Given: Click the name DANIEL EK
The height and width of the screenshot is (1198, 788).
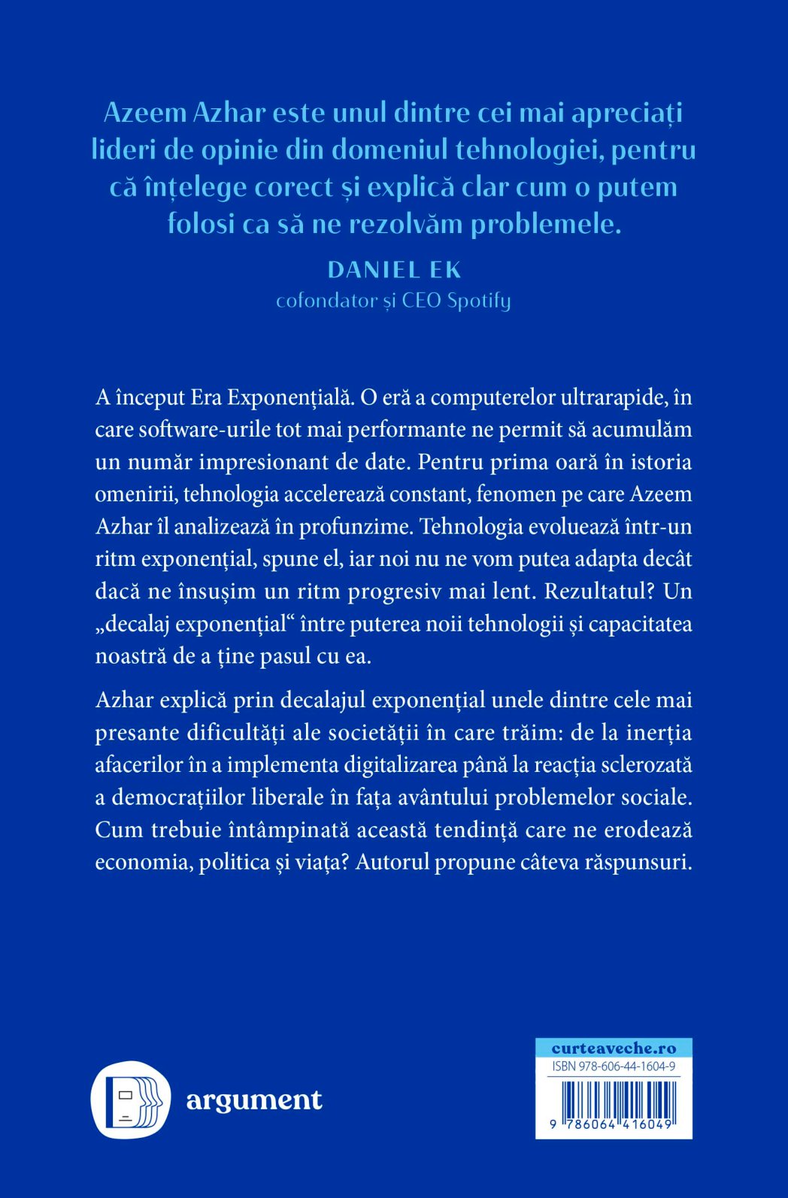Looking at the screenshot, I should (395, 270).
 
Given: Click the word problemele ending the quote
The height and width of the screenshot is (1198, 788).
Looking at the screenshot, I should (545, 224).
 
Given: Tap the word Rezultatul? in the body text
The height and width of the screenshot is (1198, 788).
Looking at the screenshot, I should (599, 591).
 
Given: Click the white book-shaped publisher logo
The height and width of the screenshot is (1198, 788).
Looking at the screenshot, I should (131, 1100).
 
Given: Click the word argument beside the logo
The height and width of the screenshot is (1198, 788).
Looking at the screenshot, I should (254, 1100).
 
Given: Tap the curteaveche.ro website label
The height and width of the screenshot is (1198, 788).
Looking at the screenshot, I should (614, 1048).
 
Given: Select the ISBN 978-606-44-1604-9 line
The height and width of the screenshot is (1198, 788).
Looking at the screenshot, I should (614, 1066).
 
